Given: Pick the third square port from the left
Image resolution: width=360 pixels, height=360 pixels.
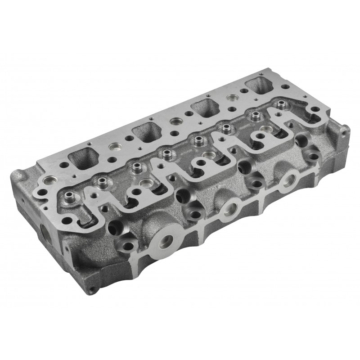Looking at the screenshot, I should (205, 108).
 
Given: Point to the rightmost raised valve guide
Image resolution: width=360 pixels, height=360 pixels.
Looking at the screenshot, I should (282, 105).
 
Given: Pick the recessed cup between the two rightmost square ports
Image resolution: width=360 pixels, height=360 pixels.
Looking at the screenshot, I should (233, 98).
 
